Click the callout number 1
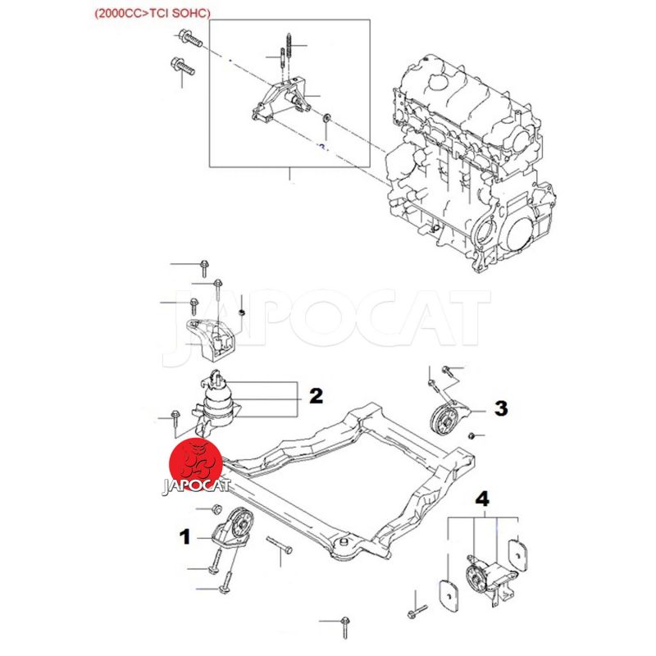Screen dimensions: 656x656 (184, 537)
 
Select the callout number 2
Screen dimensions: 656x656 (317, 396)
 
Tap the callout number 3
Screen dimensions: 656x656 (501, 408)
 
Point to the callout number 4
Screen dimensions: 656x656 (482, 499)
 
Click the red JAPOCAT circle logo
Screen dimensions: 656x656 (195, 466)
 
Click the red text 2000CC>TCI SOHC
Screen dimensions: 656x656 (153, 13)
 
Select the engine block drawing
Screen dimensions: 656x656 (468, 163)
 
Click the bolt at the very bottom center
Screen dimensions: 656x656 (344, 627)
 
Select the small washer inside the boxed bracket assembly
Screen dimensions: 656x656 (326, 117)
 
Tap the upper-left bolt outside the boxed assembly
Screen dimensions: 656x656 (189, 38)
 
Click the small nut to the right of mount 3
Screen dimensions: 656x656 (471, 436)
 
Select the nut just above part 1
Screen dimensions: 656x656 (216, 509)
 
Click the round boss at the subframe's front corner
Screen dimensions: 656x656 (344, 544)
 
